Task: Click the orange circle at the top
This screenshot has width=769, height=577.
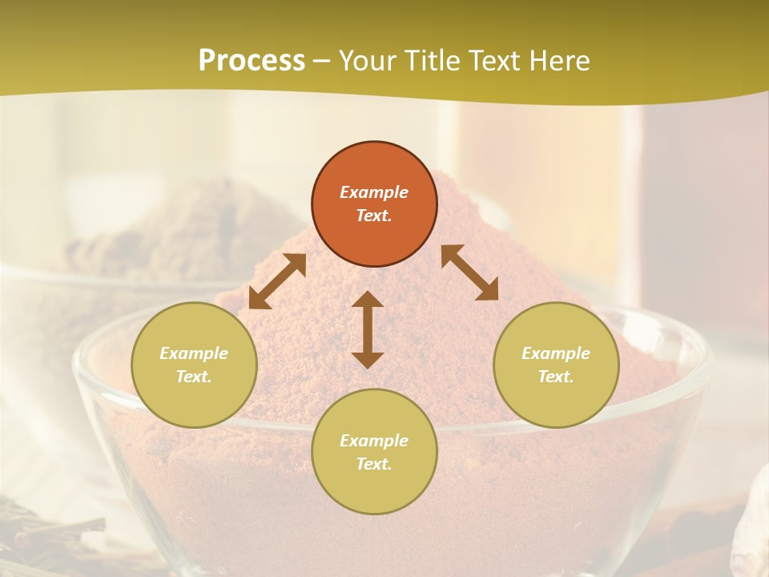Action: click(x=374, y=204)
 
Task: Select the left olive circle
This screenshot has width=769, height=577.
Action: click(x=194, y=365)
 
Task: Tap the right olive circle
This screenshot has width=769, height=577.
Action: click(x=556, y=365)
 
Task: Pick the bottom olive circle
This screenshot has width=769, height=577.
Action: click(x=374, y=452)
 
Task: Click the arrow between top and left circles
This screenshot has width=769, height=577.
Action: click(x=277, y=280)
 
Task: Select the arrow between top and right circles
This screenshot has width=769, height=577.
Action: click(x=470, y=272)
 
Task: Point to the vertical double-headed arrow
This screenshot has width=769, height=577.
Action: click(x=368, y=329)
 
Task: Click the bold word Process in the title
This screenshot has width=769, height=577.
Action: click(x=252, y=60)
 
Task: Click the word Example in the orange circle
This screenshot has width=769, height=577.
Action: click(x=374, y=192)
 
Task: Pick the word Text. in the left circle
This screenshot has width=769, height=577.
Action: click(x=194, y=377)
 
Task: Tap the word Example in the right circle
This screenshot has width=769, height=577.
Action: click(x=556, y=353)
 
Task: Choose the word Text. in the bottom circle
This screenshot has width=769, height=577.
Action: click(x=374, y=464)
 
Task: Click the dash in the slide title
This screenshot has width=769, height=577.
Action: click(x=321, y=61)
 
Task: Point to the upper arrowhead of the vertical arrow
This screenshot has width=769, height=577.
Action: click(x=368, y=300)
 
